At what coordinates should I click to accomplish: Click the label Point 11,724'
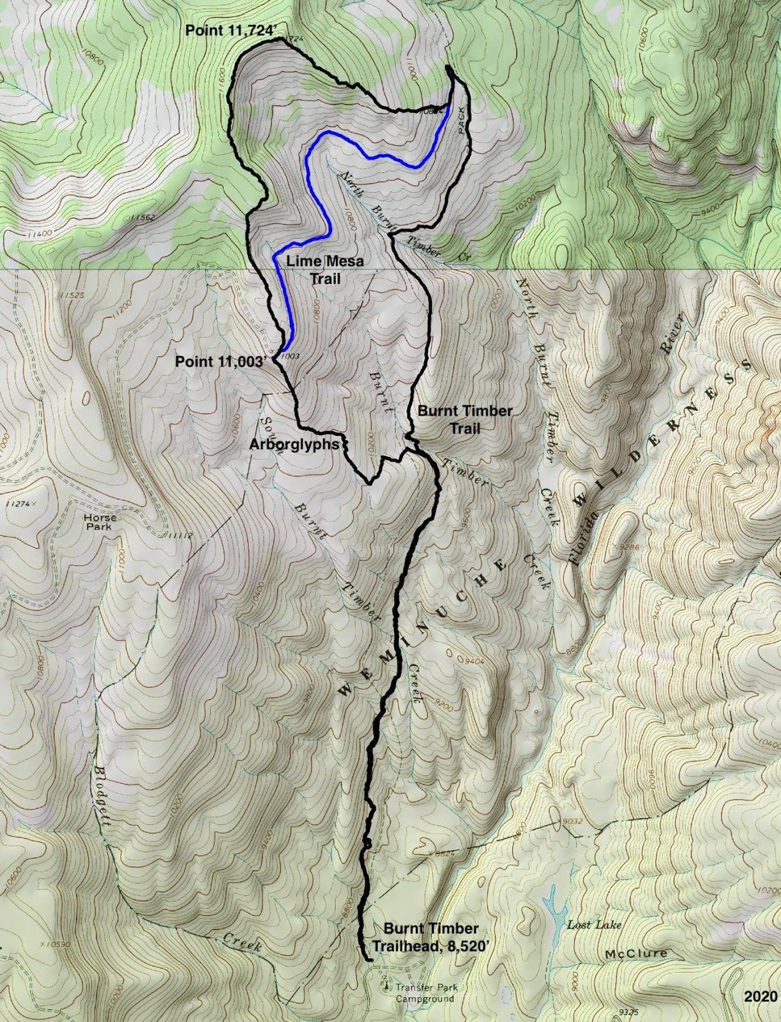point(234,30)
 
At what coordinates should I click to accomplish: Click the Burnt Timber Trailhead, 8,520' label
point(431,936)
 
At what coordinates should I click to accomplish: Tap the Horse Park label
point(99,522)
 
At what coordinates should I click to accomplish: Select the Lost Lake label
point(594,925)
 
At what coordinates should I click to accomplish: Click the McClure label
point(636,954)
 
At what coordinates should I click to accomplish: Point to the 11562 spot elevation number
point(142,218)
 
